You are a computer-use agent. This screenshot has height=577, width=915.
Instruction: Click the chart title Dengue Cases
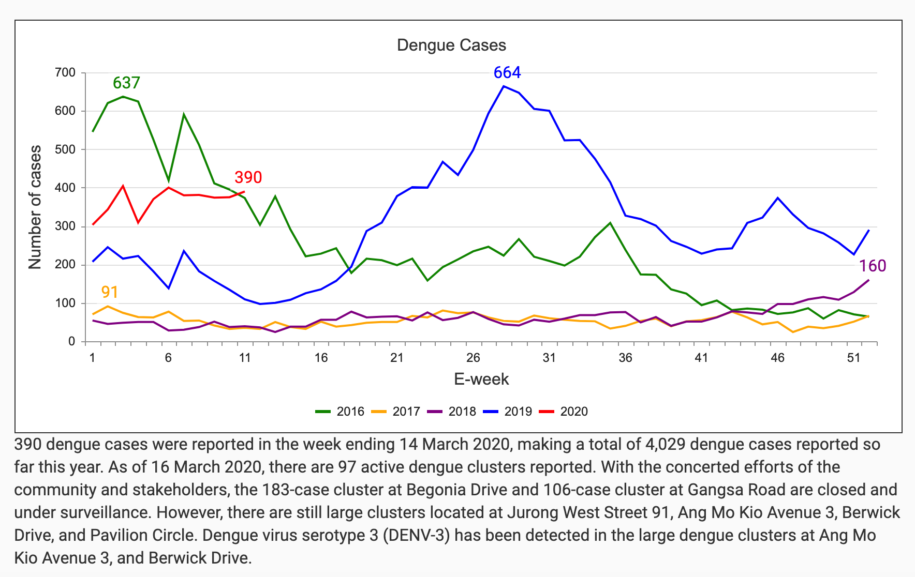pos(451,45)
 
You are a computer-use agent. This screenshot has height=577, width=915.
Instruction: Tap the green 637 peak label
pos(126,83)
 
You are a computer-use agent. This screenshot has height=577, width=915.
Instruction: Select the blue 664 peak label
pos(507,73)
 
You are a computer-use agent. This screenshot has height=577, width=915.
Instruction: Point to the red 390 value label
pos(248,177)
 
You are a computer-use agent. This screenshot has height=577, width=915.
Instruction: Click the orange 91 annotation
pos(110,292)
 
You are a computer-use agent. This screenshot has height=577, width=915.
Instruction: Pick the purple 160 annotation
pos(873,266)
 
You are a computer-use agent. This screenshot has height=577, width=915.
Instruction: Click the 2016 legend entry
pos(341,412)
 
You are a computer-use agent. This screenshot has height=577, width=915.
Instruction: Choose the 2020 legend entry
pos(564,412)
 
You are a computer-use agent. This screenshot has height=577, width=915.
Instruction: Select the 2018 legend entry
pos(452,412)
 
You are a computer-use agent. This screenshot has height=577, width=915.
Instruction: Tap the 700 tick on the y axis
pos(65,73)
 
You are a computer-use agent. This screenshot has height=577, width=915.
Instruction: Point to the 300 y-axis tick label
pos(65,226)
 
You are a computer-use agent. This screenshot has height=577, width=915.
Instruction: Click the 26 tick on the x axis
pos(473,358)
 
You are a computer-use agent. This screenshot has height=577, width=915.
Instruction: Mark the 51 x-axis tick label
pos(853,358)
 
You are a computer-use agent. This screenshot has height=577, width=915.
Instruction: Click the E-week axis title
pos(481,379)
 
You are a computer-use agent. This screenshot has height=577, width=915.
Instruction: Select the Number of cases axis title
pos(35,207)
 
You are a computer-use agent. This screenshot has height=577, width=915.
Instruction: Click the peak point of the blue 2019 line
pos(504,86)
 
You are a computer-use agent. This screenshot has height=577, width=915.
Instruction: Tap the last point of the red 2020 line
pos(244,192)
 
